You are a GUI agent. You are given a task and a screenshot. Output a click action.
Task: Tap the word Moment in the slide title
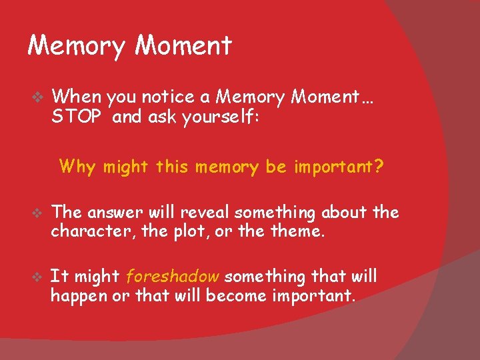point(183,45)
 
